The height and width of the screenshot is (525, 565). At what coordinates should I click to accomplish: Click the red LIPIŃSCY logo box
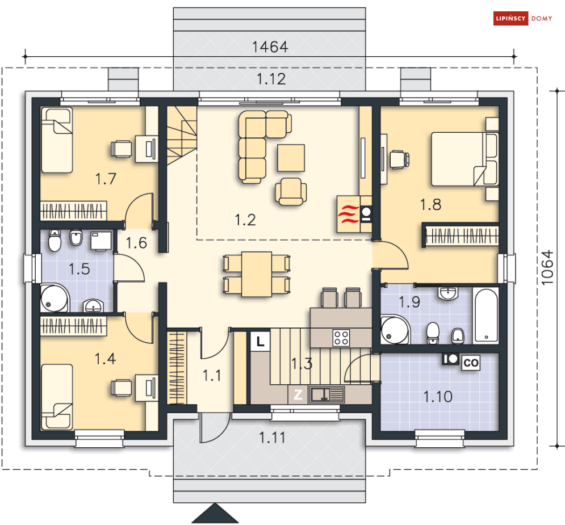click(510, 18)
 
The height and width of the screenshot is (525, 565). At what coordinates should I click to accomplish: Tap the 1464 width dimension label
click(270, 47)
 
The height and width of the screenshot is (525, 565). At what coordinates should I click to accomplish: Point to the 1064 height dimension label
click(547, 267)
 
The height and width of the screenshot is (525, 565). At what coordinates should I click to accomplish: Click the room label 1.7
click(106, 179)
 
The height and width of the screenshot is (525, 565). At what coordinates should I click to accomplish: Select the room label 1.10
click(437, 397)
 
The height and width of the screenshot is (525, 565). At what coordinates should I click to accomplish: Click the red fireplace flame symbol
click(349, 214)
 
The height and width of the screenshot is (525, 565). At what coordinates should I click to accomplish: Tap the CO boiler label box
click(471, 363)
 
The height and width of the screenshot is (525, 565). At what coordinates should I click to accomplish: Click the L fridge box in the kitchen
click(260, 341)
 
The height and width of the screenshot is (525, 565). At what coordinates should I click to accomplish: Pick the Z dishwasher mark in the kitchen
click(298, 394)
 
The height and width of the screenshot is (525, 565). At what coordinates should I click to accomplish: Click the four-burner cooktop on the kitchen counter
click(341, 338)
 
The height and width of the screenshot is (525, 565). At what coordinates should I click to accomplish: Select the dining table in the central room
click(257, 274)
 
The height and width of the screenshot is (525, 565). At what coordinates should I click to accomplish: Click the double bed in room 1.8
click(465, 159)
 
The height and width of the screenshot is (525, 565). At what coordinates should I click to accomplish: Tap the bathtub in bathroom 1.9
click(486, 314)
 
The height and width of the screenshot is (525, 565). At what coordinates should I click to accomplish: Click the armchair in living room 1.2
click(291, 192)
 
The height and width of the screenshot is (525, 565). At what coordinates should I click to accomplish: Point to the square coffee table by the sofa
click(291, 158)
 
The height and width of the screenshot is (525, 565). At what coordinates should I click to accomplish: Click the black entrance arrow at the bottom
click(215, 514)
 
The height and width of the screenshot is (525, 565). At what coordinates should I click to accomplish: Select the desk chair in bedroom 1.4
click(121, 388)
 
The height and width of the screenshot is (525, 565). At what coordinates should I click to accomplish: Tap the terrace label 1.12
click(271, 79)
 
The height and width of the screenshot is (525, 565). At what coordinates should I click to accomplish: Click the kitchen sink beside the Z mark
click(327, 394)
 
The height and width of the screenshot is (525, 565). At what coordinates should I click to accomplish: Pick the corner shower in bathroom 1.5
click(54, 298)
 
